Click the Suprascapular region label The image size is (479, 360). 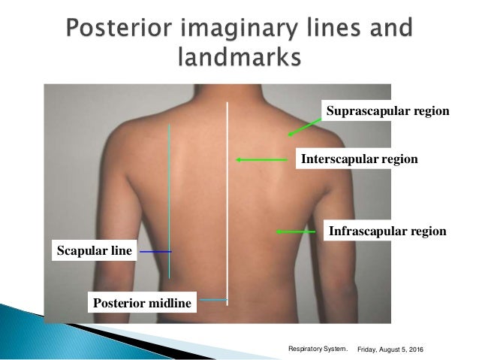[387, 112]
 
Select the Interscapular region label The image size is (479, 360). [358, 159]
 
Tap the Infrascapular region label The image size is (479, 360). [387, 231]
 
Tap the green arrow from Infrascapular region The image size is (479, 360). [295, 231]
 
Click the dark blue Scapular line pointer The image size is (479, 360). [155, 251]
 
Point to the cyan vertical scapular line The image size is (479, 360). [170, 188]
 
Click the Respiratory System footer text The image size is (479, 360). [318, 349]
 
